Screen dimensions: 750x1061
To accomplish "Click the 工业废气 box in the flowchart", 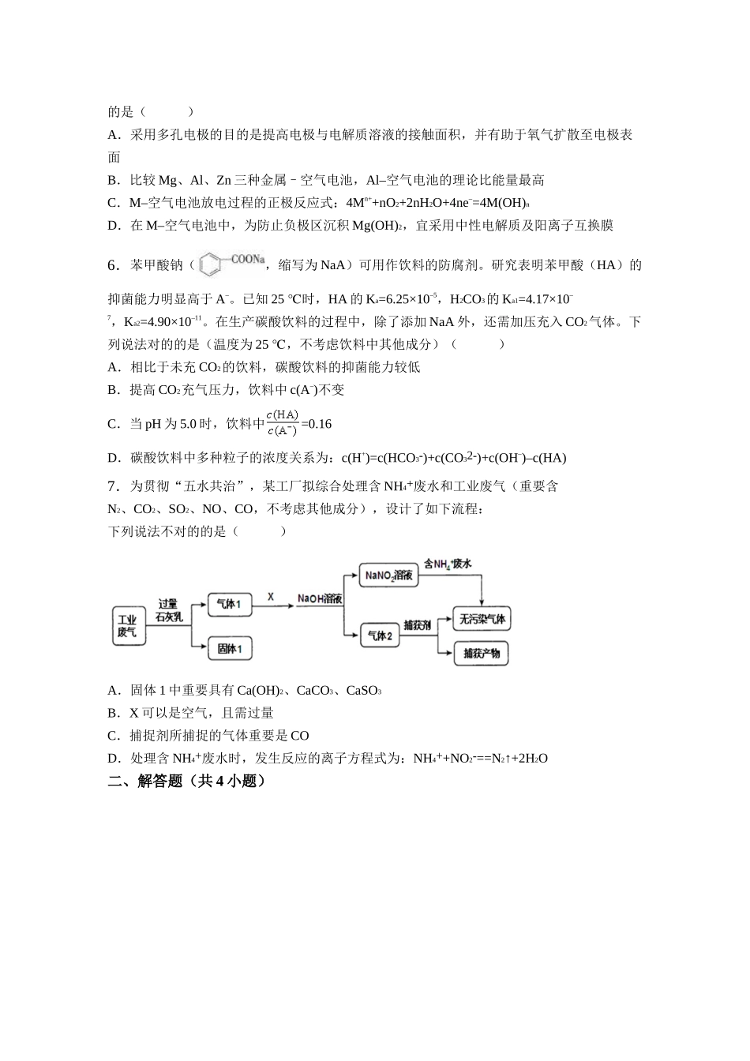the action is click(x=127, y=626).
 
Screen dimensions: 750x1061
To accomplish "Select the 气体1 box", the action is click(x=229, y=605).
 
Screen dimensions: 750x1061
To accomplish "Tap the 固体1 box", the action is click(x=229, y=650).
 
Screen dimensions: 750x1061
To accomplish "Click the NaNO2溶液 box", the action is click(x=388, y=575).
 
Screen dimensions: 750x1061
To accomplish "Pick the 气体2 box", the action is click(x=381, y=635).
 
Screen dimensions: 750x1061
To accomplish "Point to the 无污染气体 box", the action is click(x=482, y=619).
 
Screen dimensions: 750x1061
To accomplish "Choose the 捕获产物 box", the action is click(x=482, y=654).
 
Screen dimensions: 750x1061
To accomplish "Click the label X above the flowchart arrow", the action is click(x=271, y=597).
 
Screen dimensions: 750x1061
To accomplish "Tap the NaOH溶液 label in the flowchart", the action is click(x=320, y=600).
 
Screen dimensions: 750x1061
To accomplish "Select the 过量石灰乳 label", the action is click(x=169, y=610).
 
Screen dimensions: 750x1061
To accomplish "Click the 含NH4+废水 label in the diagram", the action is click(x=447, y=564).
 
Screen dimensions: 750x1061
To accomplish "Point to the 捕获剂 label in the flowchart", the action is click(x=417, y=625).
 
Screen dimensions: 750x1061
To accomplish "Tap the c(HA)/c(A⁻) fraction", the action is click(x=282, y=423).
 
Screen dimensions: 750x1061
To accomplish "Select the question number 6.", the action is click(x=113, y=265).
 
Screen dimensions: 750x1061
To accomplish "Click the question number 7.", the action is click(x=113, y=486).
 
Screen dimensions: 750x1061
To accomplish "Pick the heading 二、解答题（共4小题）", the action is click(x=186, y=782).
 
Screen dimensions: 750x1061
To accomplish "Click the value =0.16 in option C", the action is click(x=317, y=424).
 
